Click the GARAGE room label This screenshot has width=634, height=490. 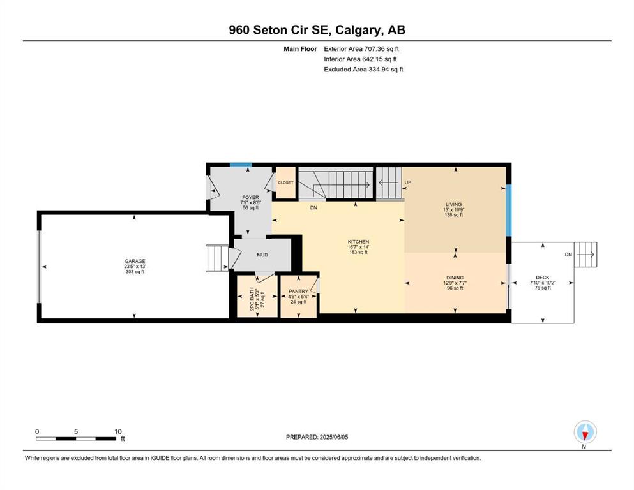coord(135,262)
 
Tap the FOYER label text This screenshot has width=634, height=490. coord(251,198)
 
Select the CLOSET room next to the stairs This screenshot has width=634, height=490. coord(285,182)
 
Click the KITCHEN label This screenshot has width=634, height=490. coord(358,242)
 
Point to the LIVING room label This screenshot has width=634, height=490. coord(454,204)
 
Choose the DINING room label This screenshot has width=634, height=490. coord(455,278)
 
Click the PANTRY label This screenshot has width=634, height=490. coord(298,292)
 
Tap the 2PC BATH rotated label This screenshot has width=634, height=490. coord(252,299)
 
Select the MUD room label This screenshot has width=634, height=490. coord(262,255)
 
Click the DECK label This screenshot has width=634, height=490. coord(543,278)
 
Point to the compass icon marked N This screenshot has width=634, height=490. coord(585,432)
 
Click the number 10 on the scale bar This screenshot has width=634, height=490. coord(117,431)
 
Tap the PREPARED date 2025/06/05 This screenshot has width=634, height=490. coord(333,437)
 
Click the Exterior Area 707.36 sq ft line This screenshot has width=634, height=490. coord(361,49)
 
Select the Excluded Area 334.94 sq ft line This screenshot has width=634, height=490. coord(363,69)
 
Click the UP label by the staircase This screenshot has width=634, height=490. coord(408,182)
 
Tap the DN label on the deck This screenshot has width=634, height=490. coord(568,255)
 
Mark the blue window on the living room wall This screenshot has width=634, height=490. coord(509,211)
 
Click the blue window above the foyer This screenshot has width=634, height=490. coord(241,165)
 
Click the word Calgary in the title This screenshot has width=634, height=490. coord(358,30)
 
